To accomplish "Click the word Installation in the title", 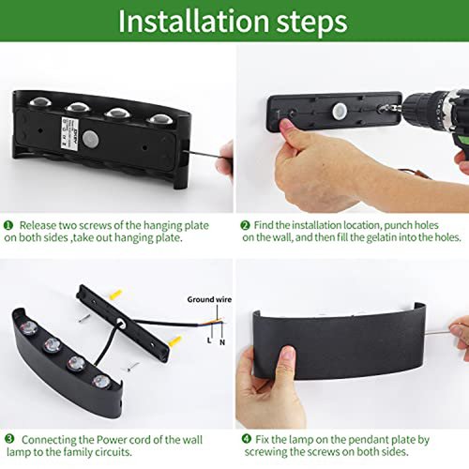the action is [x=194, y=22].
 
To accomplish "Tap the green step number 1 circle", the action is [x=8, y=225].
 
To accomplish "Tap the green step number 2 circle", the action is [x=246, y=225].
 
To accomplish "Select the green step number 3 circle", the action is [x=9, y=439].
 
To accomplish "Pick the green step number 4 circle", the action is [x=247, y=439].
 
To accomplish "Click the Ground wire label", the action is [x=209, y=299].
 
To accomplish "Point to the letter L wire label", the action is [x=209, y=340].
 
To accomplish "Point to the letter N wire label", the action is [x=222, y=342].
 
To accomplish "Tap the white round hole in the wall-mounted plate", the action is [x=339, y=111].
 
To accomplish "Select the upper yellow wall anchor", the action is [x=115, y=295].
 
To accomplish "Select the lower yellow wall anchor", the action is [x=175, y=341].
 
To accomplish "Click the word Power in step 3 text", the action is [x=111, y=440].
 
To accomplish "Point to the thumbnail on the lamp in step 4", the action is [x=288, y=353].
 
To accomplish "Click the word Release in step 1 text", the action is [x=37, y=225].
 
